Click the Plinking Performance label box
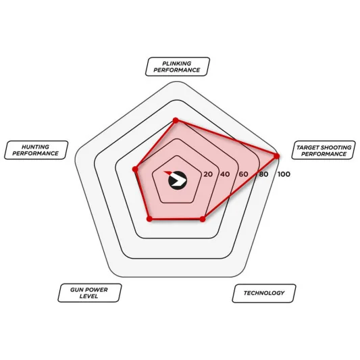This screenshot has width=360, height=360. click(x=178, y=67)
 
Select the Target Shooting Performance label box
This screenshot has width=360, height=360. click(x=324, y=150)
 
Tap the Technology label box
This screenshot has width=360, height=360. click(x=264, y=293)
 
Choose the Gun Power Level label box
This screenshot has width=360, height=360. click(x=90, y=293)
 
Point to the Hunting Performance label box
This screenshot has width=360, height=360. click(x=36, y=150)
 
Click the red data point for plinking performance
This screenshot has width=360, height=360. click(x=176, y=120)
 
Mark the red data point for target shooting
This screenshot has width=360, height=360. click(x=277, y=156)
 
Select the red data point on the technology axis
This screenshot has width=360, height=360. click(x=202, y=220)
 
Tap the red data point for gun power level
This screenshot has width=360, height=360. click(x=149, y=219)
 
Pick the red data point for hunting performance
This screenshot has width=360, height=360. click(x=135, y=170)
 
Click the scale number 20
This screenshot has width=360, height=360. click(x=208, y=174)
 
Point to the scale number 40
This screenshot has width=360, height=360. click(x=225, y=174)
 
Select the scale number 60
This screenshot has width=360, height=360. click(x=243, y=174)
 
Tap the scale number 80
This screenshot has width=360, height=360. click(x=263, y=174)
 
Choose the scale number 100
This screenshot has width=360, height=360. click(x=284, y=174)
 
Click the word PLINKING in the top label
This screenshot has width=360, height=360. click(x=177, y=63)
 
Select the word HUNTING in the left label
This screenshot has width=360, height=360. click(x=35, y=147)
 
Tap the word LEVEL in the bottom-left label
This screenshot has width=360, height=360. click(x=88, y=297)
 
